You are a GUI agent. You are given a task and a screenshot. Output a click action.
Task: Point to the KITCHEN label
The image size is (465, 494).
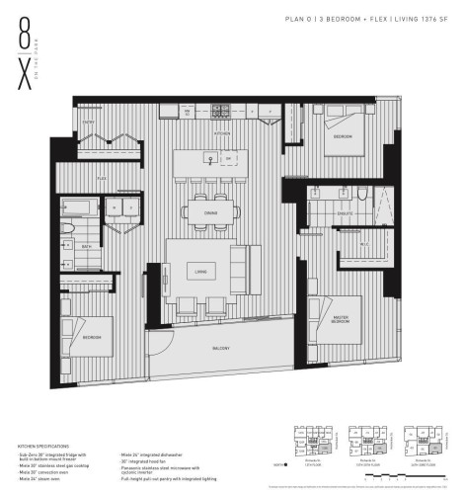(224, 132)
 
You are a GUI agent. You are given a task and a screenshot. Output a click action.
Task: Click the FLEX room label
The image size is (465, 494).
(102, 179)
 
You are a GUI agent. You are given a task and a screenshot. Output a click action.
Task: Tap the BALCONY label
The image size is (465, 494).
(221, 349)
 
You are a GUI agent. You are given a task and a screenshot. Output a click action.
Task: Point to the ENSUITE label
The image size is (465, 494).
(346, 212)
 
